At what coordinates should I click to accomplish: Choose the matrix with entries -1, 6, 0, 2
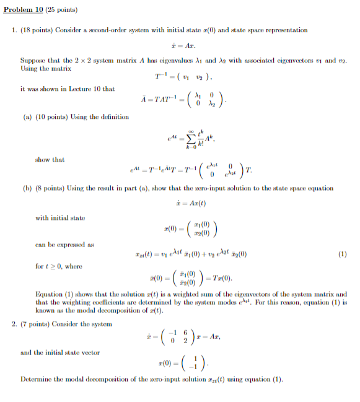click(178, 337)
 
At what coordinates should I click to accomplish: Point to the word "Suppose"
click(32, 61)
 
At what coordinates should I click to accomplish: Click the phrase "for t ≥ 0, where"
click(59, 266)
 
